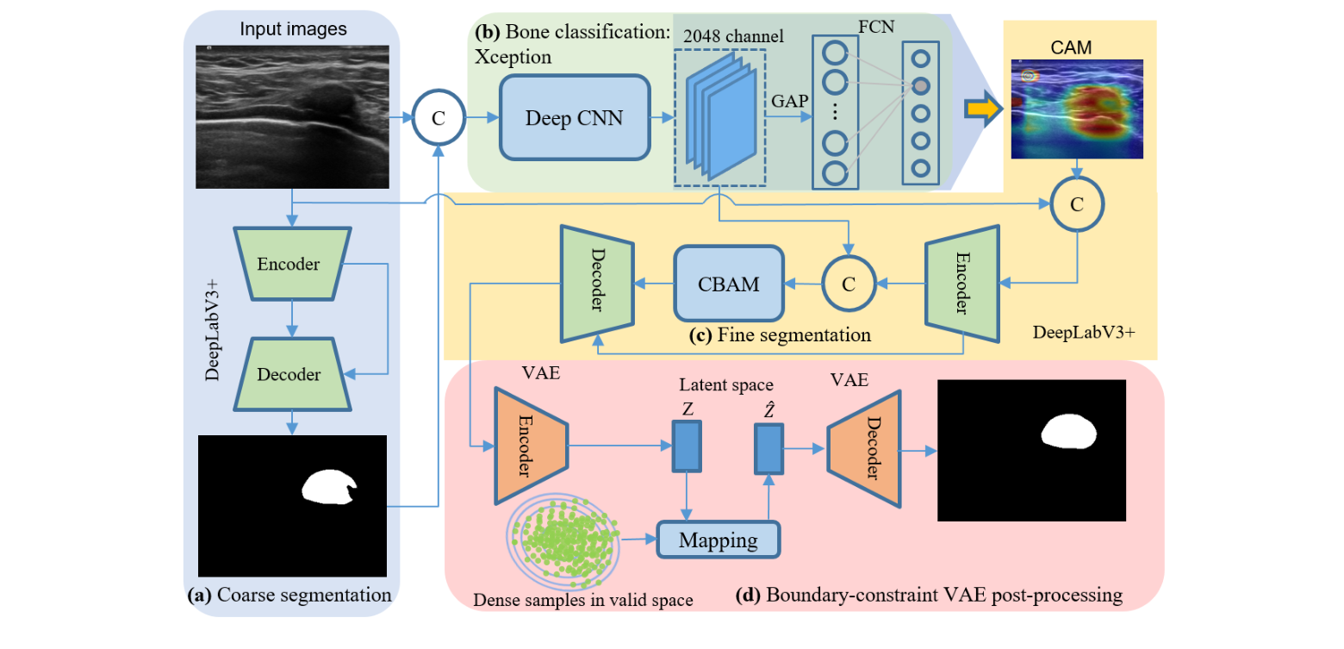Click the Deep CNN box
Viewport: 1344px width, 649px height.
click(x=574, y=117)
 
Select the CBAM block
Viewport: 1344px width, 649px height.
click(x=728, y=284)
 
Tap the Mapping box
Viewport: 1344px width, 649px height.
click(x=718, y=540)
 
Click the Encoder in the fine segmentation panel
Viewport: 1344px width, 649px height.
click(x=961, y=284)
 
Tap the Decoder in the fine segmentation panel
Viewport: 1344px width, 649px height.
click(x=597, y=284)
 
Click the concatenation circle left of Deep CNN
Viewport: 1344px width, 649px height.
click(x=439, y=118)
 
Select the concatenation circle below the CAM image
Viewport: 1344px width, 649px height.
click(x=1076, y=203)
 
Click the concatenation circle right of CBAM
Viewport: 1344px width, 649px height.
click(x=848, y=284)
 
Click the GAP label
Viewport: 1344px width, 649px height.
click(x=788, y=101)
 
